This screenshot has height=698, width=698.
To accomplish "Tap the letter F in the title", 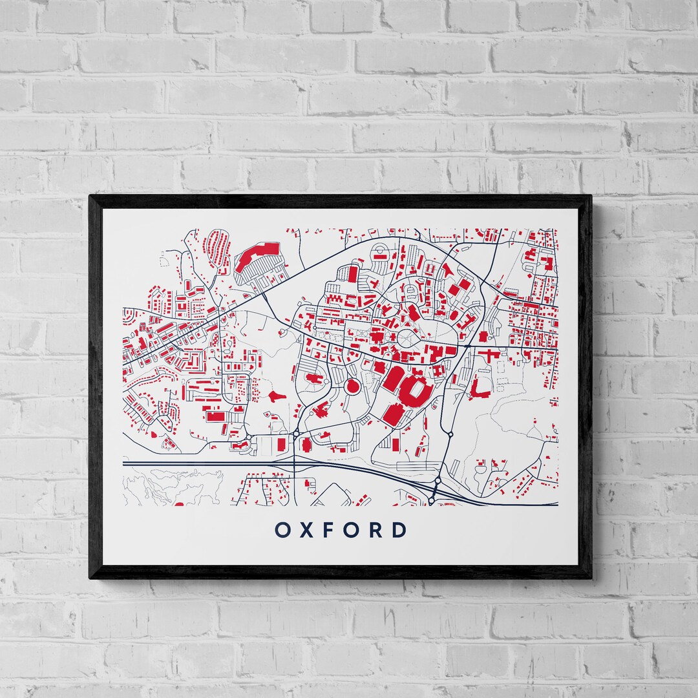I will (335, 530).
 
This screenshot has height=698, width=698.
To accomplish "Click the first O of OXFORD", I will (282, 530).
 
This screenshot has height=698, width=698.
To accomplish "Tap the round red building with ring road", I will (353, 387).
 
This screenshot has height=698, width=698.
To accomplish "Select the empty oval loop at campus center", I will (408, 337).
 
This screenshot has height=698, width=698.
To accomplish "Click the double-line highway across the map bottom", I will (259, 463).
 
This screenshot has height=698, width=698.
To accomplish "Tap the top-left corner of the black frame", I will (90, 196).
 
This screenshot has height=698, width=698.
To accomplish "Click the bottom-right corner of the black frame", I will (591, 577).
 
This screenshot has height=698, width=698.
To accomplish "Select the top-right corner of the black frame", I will (591, 196).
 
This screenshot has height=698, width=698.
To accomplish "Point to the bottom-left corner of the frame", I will (90, 577).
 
